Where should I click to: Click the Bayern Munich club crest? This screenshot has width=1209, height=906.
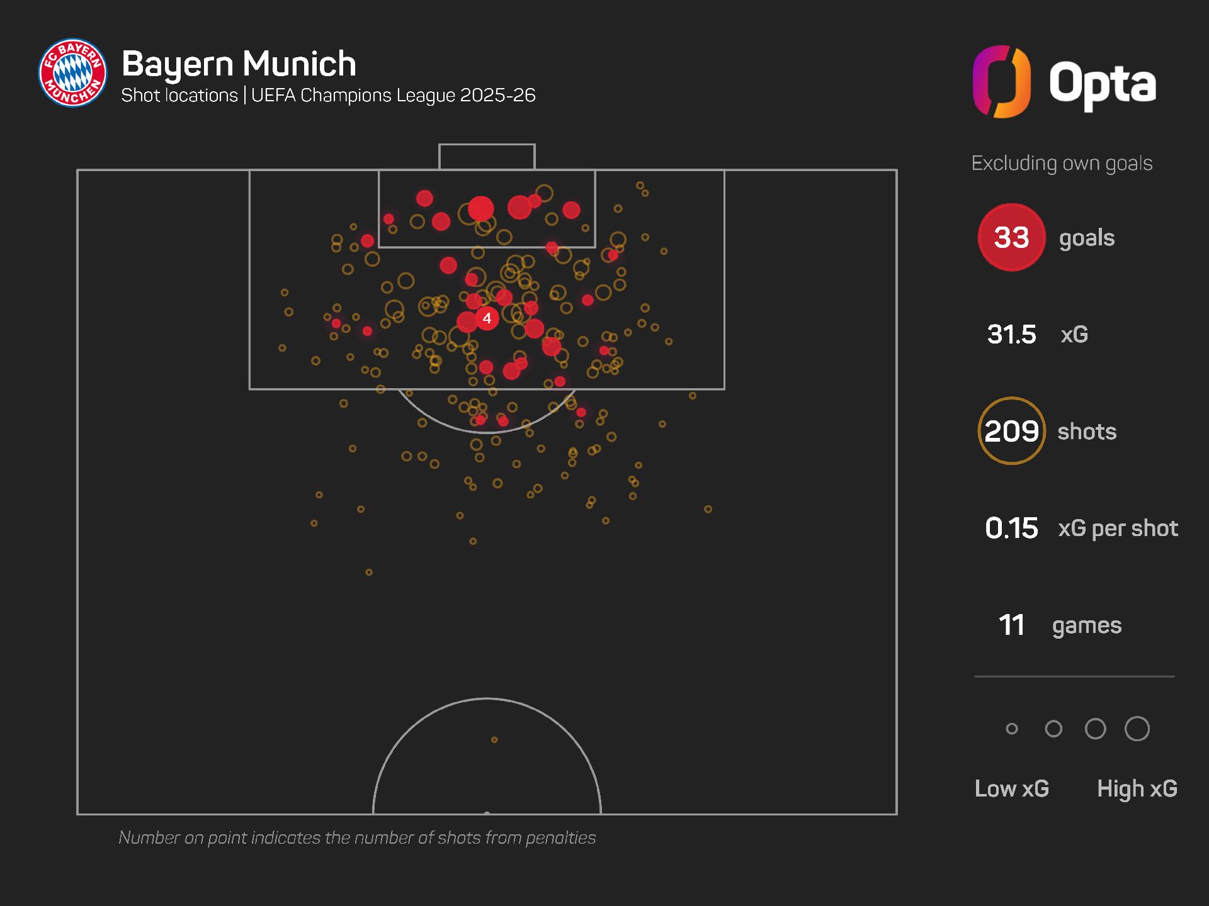tap(72, 73)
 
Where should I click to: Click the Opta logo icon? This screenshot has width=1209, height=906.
tap(1001, 82)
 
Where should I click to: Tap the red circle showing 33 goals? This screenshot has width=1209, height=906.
tap(1011, 237)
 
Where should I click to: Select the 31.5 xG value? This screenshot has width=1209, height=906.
tap(1011, 334)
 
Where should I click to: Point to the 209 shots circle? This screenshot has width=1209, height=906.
tap(1011, 431)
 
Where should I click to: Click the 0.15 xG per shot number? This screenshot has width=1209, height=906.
tap(1011, 528)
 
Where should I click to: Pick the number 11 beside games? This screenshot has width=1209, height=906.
tap(1011, 625)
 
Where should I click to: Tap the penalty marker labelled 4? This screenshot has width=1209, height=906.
tap(487, 318)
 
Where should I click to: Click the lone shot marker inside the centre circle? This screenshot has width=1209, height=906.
tap(494, 740)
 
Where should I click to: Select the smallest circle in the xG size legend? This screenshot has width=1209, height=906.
tap(1012, 729)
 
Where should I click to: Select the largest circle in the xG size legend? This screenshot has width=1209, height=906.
tap(1137, 729)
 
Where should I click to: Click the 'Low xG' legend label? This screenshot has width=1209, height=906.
tap(1012, 788)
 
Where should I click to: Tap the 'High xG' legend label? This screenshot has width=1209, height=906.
tap(1137, 788)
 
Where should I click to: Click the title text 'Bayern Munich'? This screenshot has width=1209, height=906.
tap(239, 64)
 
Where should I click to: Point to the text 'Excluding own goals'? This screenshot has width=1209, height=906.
tap(1062, 163)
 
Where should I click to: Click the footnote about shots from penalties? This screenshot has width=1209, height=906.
tap(357, 837)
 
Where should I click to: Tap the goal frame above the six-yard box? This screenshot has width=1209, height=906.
tap(487, 157)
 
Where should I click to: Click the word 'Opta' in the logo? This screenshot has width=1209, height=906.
tap(1103, 83)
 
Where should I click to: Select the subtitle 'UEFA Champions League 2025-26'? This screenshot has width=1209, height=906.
tap(393, 95)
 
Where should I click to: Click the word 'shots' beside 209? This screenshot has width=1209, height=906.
tap(1087, 432)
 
